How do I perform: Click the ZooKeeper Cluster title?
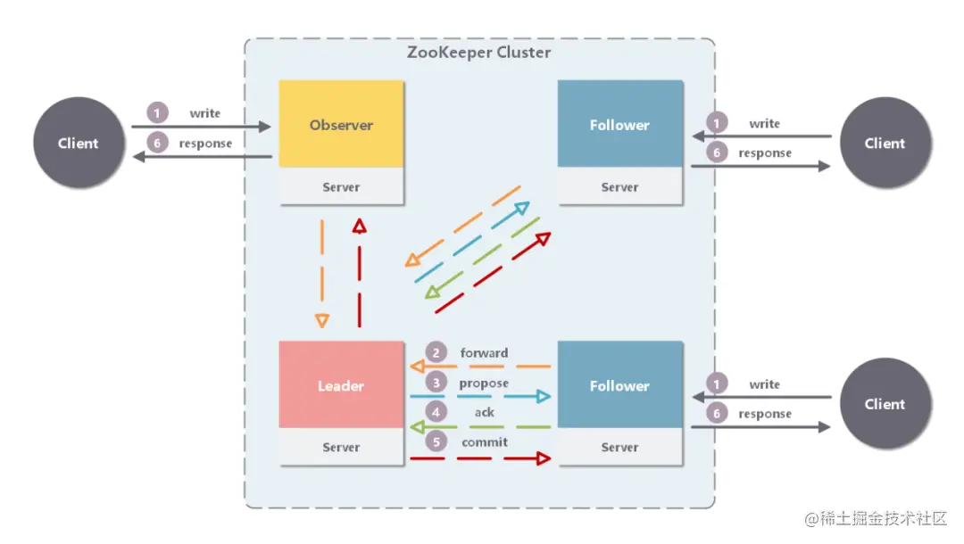point(479,52)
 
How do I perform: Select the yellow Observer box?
point(341,125)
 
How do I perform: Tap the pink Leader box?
point(341,385)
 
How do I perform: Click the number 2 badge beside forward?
point(436,353)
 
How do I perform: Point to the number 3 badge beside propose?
point(436,383)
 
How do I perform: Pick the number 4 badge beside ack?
point(436,413)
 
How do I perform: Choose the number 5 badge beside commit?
point(436,442)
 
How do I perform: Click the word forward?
point(484,353)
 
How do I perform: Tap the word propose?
point(484,383)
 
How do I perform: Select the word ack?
point(484,413)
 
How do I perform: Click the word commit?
point(484,442)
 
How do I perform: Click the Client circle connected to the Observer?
point(79,143)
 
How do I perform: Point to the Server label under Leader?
point(341,448)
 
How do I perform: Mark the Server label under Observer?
point(341,187)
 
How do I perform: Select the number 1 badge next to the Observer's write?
point(157,113)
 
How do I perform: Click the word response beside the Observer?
point(205,144)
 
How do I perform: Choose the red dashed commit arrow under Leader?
point(479,459)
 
